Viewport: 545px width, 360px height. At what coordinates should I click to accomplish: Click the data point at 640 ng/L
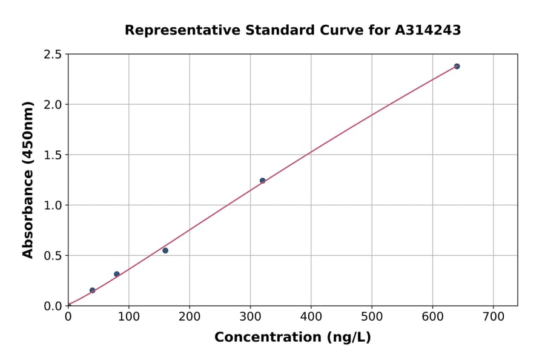click(457, 66)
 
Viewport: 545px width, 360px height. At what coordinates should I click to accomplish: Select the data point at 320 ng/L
click(262, 181)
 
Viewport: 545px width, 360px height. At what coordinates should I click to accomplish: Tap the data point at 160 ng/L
click(165, 250)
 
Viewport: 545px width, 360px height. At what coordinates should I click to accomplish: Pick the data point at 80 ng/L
click(117, 274)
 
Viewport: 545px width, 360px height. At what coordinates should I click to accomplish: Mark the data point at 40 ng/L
click(92, 290)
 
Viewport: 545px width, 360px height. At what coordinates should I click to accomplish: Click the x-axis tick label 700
click(493, 316)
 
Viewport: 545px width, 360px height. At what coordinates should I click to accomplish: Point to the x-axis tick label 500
click(372, 316)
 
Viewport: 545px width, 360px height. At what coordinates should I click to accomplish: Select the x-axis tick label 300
click(250, 316)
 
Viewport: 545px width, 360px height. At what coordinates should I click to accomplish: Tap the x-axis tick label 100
click(128, 316)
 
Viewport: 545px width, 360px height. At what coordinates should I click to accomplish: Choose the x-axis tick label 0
click(68, 316)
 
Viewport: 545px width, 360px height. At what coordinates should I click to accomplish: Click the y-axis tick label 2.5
click(53, 55)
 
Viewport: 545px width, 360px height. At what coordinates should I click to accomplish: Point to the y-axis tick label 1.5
click(53, 155)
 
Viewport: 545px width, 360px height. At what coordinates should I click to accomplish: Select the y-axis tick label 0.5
click(53, 256)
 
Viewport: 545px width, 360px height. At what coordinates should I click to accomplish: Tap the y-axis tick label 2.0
click(53, 105)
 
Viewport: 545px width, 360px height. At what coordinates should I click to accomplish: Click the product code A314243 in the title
click(428, 30)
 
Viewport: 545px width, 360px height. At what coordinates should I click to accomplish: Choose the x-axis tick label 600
click(432, 316)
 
